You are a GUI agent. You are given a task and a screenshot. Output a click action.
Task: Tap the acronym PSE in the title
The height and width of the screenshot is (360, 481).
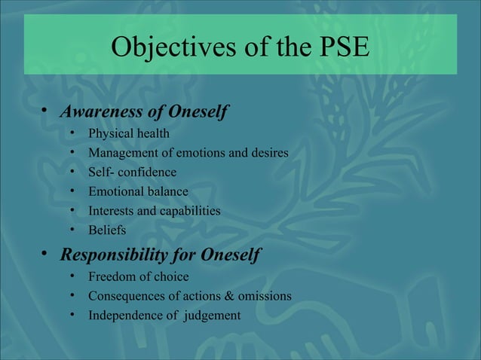pyautogui.click(x=339, y=47)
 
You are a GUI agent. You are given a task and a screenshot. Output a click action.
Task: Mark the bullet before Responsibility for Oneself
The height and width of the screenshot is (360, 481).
pyautogui.click(x=46, y=254)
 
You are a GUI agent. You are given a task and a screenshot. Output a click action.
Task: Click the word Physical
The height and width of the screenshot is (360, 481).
pyautogui.click(x=111, y=134)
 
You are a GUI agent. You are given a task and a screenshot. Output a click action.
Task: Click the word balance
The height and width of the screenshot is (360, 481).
pyautogui.click(x=167, y=192)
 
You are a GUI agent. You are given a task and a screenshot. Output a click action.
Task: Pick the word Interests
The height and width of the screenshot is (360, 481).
pyautogui.click(x=112, y=211)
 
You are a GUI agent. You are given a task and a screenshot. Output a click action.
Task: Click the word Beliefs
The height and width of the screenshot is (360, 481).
pyautogui.click(x=107, y=230)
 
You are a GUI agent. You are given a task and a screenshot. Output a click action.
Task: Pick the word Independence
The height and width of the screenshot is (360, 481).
pyautogui.click(x=126, y=316)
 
